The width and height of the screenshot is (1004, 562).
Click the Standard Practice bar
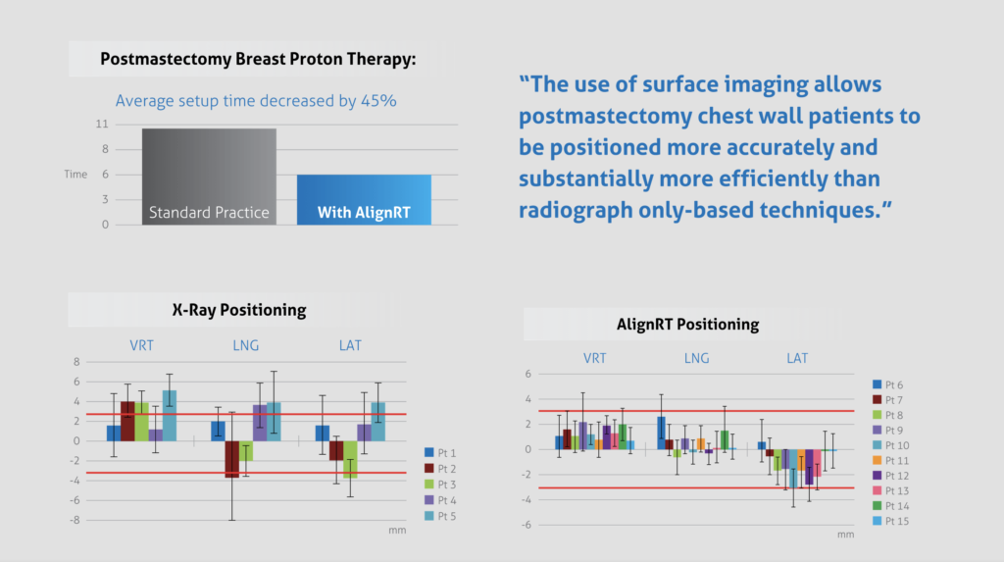[209, 178]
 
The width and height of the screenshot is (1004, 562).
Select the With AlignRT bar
[364, 200]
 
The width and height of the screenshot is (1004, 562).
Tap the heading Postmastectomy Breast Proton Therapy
[258, 59]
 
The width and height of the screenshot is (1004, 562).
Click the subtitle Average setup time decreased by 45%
[256, 100]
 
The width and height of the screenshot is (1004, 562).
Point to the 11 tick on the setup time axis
[103, 125]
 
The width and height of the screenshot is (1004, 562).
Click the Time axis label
[75, 175]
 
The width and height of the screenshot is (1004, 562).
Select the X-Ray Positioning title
[239, 310]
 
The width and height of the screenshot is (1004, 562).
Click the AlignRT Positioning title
[687, 324]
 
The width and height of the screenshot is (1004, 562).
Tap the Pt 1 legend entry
[443, 452]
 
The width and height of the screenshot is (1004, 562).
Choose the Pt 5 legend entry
[443, 516]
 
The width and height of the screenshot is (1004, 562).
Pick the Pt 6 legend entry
[888, 384]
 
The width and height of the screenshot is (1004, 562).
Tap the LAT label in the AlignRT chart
[797, 358]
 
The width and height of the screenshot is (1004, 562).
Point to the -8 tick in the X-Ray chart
[75, 520]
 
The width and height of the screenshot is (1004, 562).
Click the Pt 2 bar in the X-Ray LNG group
[232, 459]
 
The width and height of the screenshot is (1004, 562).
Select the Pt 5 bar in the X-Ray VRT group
[170, 415]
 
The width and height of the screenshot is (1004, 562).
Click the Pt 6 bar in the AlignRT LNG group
[661, 433]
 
